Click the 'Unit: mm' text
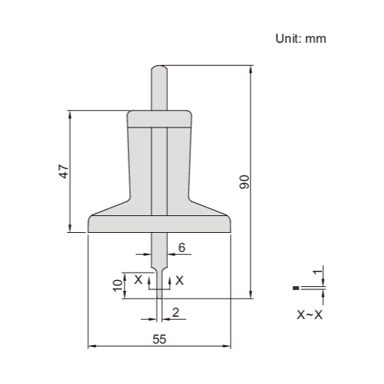301,39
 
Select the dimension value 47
65,171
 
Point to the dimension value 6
182,247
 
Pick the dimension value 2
176,311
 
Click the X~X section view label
309,314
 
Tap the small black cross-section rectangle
295,288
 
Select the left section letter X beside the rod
138,280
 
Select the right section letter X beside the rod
179,280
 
